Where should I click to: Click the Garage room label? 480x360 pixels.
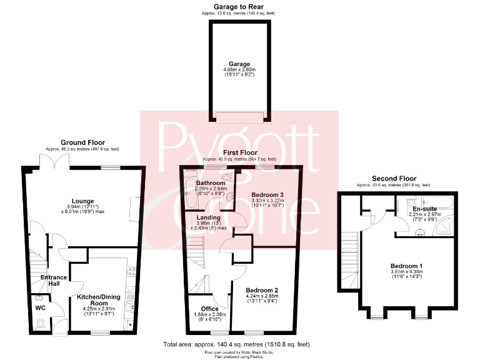coord(239,64)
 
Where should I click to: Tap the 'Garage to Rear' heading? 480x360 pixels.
coord(239,6)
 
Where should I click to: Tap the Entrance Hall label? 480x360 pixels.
coord(54,281)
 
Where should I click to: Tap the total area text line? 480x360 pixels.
coord(237,344)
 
